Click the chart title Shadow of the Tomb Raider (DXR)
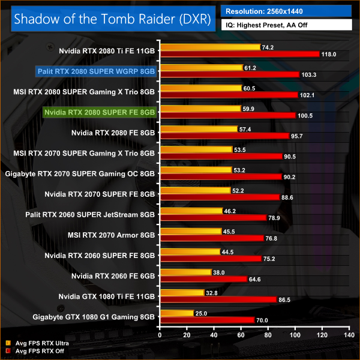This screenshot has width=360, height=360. (112, 19)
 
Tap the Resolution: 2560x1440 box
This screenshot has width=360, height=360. (287, 10)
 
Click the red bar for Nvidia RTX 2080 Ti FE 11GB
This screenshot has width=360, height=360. (238, 54)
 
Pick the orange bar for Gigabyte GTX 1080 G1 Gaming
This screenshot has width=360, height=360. (175, 313)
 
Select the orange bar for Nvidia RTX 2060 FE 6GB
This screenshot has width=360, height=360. (184, 272)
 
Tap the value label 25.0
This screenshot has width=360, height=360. (203, 313)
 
